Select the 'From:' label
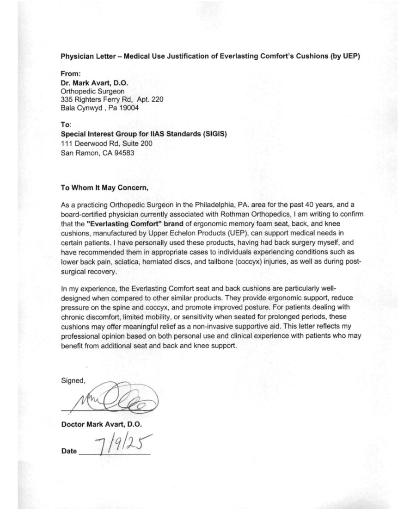pos(71,73)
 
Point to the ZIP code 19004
pos(128,108)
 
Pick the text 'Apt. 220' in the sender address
pos(150,99)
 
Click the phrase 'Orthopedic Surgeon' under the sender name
pos(92,91)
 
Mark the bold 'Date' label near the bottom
pos(69,451)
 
